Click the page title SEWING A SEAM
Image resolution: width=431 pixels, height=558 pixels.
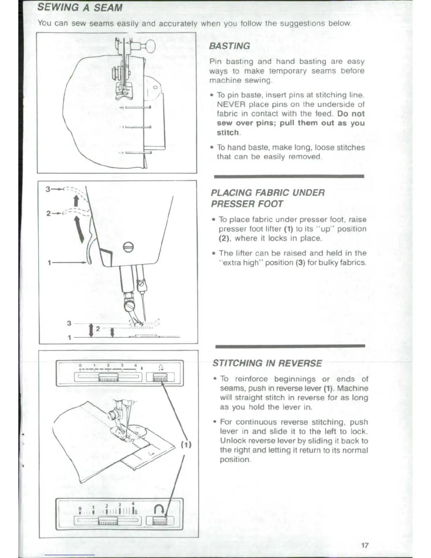[x=80, y=7]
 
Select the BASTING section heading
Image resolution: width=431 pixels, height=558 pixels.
[x=229, y=46]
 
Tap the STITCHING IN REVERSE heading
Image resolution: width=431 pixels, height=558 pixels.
[x=267, y=363]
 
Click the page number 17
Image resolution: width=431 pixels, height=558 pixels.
[x=365, y=545]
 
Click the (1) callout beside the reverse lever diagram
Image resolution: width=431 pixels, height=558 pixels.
[x=186, y=444]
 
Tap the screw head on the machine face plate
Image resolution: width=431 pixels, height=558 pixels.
[x=129, y=247]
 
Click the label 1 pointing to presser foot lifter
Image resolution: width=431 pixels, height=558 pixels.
[x=50, y=263]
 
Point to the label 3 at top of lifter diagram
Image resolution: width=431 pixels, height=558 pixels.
[x=48, y=189]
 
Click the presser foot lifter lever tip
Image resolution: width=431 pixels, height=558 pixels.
[x=89, y=261]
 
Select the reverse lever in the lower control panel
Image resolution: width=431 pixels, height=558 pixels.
[x=160, y=521]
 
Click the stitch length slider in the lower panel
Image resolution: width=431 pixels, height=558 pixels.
[x=108, y=521]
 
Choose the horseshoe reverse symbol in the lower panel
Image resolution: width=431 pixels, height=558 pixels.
[x=159, y=508]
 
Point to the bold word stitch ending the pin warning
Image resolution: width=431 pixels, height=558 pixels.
[x=228, y=133]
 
